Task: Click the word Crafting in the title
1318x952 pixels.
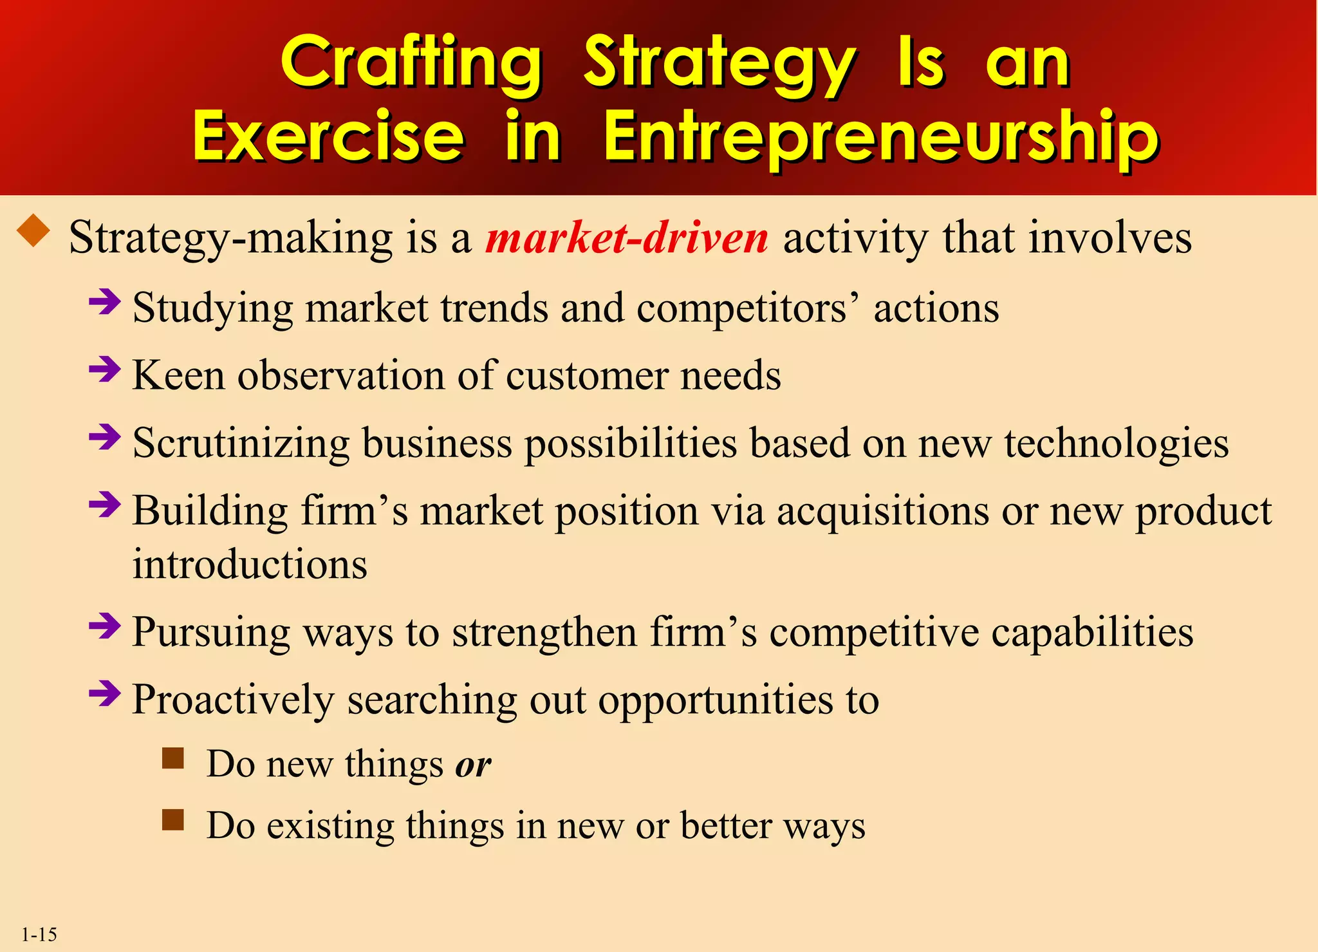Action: click(411, 63)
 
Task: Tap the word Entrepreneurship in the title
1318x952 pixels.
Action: click(881, 136)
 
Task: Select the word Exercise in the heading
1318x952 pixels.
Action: click(328, 136)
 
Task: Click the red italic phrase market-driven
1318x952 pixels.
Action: click(627, 238)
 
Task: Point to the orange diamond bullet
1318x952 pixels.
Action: click(34, 232)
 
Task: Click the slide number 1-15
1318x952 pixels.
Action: click(39, 934)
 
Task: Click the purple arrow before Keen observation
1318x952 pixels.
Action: click(105, 369)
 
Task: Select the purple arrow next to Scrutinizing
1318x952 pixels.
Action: click(105, 438)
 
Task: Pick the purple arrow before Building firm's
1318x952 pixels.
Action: click(105, 505)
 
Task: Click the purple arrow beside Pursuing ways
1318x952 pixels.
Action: click(105, 626)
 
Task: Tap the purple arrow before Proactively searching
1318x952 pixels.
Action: click(105, 694)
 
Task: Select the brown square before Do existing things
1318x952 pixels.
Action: click(173, 820)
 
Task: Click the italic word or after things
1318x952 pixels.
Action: click(473, 765)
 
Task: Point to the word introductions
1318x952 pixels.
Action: click(250, 565)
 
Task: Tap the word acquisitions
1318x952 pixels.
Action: click(882, 512)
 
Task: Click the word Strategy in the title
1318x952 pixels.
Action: click(719, 63)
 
